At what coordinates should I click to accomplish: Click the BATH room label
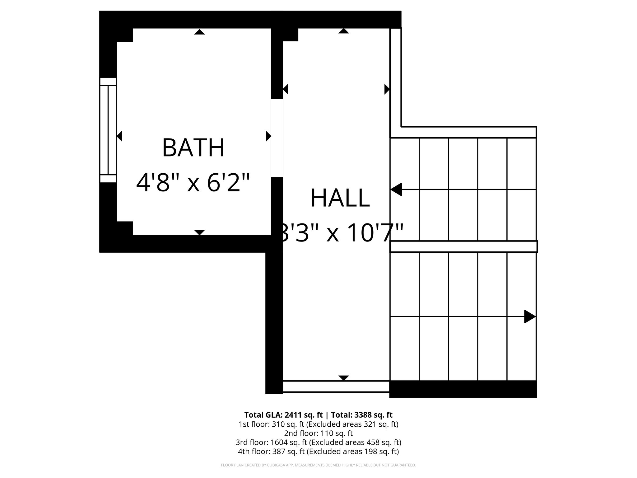[x=193, y=148]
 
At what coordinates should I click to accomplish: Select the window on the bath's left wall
[x=108, y=130]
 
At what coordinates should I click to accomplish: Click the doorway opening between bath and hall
[x=277, y=138]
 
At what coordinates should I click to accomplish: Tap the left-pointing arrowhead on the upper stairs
[x=396, y=189]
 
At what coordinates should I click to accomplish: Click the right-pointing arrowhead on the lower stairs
[x=529, y=316]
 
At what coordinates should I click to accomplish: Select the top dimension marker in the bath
[x=199, y=32]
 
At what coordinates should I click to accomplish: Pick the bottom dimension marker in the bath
[x=199, y=232]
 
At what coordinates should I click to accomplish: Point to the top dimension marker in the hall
[x=343, y=31]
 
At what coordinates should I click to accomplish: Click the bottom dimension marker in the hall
[x=343, y=378]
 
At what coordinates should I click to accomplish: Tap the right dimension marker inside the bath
[x=268, y=136]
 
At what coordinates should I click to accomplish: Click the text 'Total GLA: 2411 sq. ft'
[x=283, y=415]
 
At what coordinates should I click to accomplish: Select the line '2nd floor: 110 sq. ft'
[x=318, y=433]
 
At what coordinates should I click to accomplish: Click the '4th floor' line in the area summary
[x=318, y=452]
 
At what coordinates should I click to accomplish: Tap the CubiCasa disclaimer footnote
[x=318, y=465]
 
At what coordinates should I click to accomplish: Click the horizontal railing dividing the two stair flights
[x=463, y=246]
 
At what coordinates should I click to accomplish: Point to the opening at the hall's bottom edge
[x=336, y=386]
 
